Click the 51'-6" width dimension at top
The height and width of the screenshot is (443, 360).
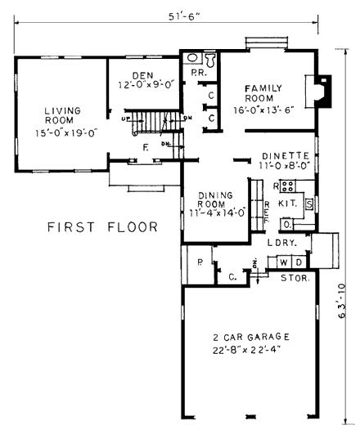click(184, 16)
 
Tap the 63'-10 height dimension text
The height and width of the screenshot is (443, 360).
click(342, 301)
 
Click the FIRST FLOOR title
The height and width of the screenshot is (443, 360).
click(102, 227)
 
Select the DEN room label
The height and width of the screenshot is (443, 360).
click(143, 75)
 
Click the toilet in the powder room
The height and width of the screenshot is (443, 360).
click(209, 60)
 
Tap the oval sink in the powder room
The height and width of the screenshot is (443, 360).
click(192, 58)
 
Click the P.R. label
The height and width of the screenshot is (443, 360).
click(199, 74)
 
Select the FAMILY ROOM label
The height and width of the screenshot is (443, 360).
click(263, 93)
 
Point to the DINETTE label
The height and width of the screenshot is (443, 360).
click(286, 156)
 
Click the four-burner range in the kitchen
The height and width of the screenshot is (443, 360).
click(288, 186)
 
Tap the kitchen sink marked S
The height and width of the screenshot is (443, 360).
click(309, 204)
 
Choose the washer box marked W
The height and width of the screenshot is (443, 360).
click(284, 262)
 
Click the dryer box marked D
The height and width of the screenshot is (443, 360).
click(299, 262)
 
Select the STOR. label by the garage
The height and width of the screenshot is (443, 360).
click(295, 278)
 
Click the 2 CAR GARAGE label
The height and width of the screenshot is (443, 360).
click(251, 337)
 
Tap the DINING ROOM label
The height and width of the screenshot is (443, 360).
click(215, 199)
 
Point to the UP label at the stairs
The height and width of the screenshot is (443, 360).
click(125, 119)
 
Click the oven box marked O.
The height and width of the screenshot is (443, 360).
click(287, 225)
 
